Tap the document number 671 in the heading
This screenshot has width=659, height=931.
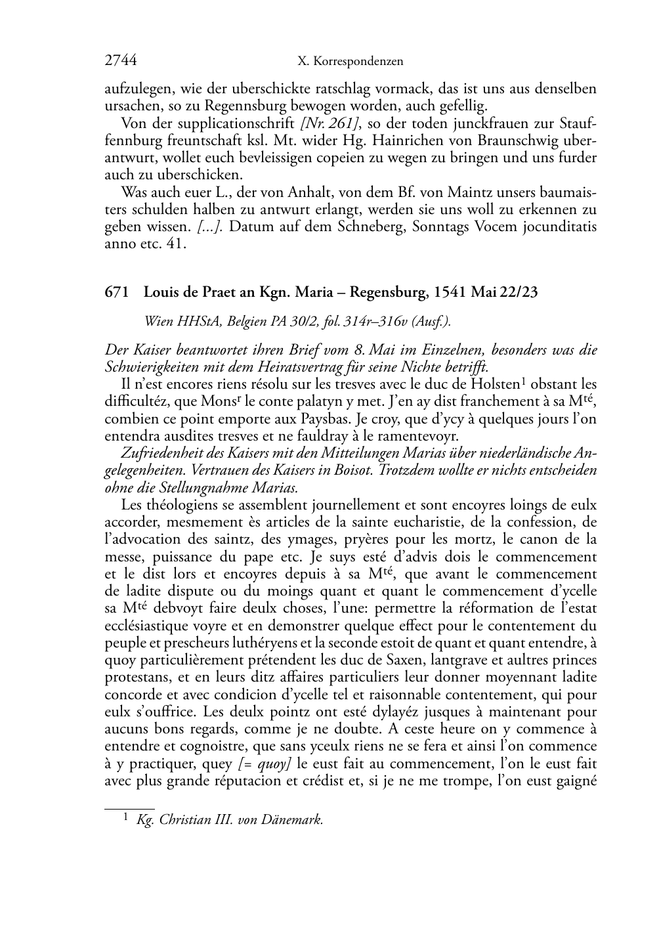(116, 293)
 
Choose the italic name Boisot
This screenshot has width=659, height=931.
(347, 470)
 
